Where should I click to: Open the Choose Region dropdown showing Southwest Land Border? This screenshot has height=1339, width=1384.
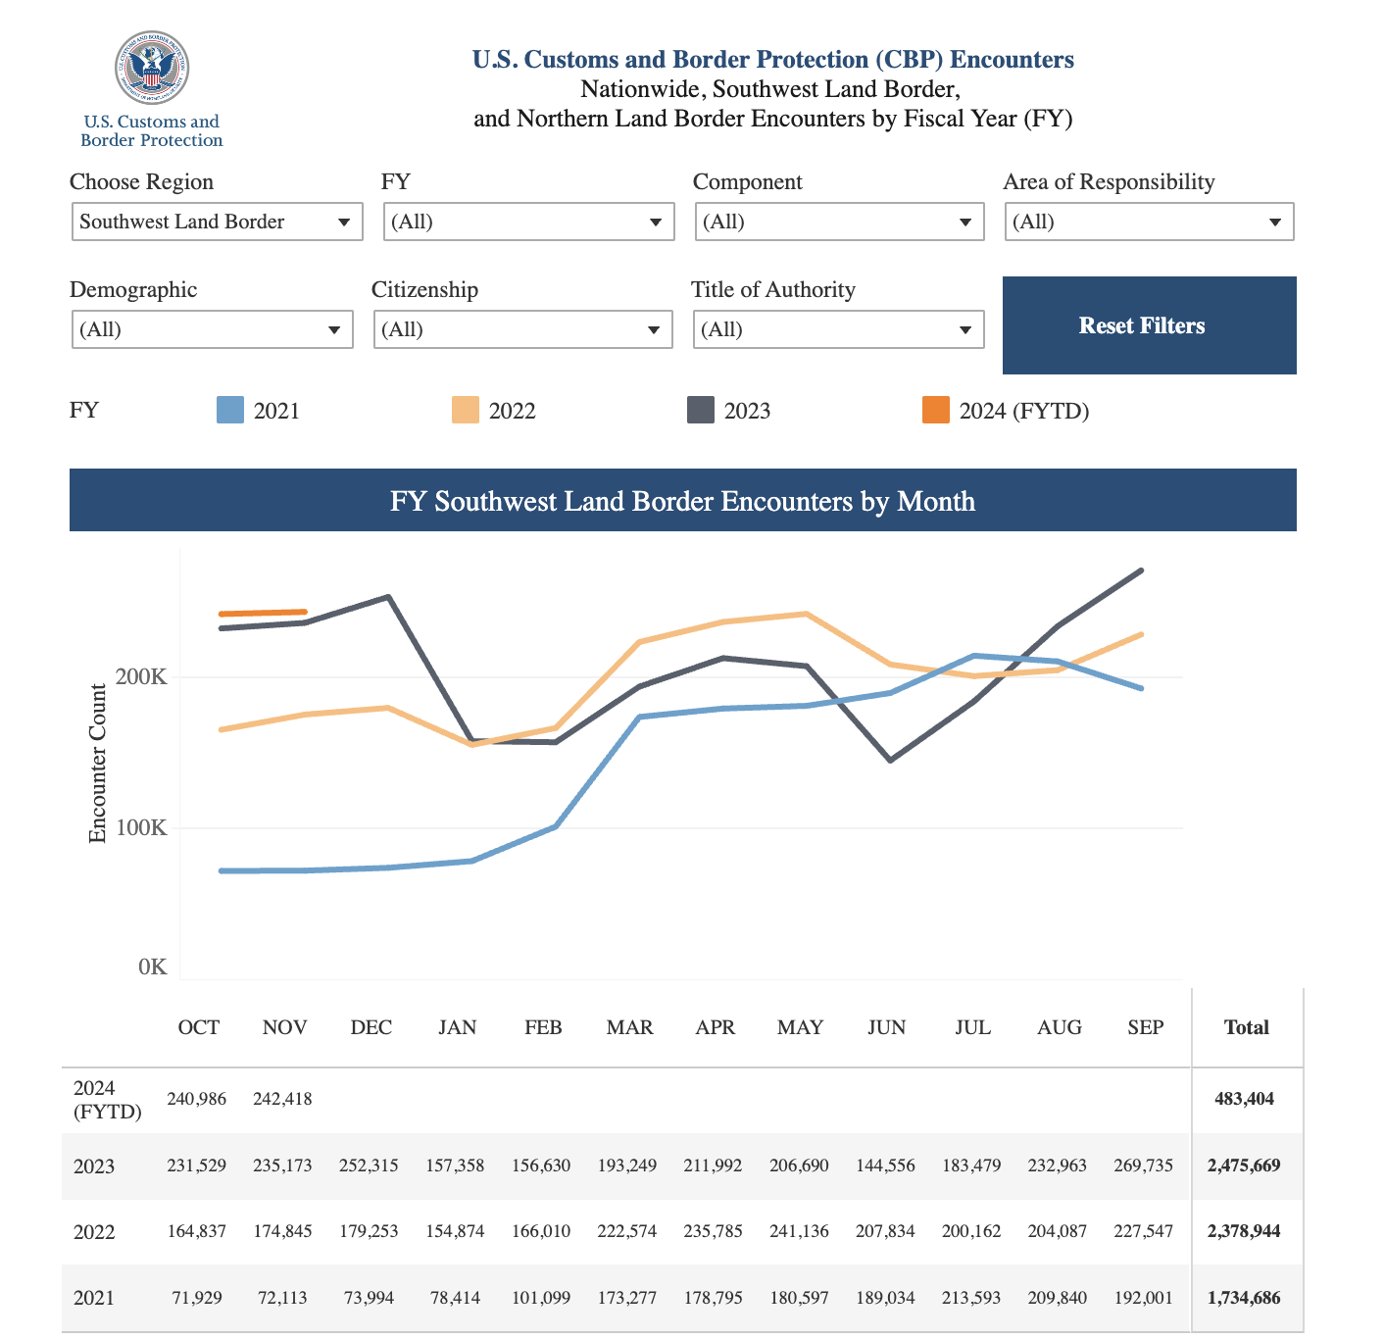217,222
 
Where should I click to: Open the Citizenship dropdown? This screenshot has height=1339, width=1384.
522,329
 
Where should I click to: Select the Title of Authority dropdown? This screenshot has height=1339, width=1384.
838,329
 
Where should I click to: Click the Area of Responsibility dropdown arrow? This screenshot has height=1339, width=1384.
1274,223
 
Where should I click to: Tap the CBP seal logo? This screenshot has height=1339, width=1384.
152,68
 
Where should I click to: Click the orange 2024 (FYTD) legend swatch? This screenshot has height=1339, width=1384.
936,410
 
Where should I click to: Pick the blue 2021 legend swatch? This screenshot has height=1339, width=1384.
230,410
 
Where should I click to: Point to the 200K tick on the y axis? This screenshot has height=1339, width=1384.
143,677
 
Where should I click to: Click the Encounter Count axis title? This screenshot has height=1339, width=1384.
97,764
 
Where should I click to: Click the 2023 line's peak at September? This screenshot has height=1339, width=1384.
1141,570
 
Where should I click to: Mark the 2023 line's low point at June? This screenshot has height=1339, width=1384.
890,760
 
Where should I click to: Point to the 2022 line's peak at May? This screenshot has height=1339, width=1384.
805,614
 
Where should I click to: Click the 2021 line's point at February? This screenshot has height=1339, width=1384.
556,826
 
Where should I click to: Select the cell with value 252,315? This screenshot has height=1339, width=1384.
369,1165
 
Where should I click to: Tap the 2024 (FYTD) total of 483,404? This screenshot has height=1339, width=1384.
1244,1099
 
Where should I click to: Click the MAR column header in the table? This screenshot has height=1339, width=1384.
629,1027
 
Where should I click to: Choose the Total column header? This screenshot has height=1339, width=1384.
1246,1027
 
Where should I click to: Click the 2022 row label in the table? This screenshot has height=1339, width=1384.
94,1232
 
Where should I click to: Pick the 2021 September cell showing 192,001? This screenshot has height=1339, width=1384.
1143,1298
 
